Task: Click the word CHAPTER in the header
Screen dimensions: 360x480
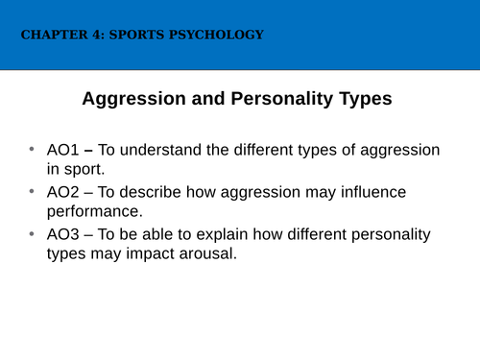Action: (x=51, y=36)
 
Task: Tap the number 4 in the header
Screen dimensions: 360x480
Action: (x=92, y=36)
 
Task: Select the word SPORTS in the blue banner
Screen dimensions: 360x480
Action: (x=132, y=36)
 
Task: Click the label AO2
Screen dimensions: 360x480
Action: (x=65, y=192)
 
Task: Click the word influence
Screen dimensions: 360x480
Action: (x=372, y=192)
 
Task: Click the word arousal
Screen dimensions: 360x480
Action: (x=211, y=255)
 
